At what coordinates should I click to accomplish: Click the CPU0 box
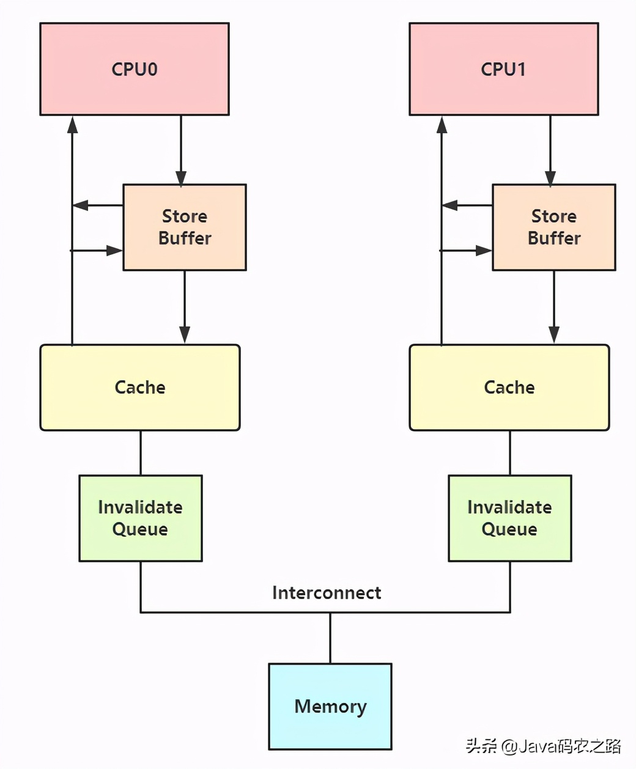coord(135,69)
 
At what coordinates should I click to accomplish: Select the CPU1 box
coord(504,69)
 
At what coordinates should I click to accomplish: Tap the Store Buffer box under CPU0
coord(185,227)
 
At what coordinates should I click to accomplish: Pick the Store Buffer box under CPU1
coord(554,227)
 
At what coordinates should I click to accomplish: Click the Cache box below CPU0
coord(140,388)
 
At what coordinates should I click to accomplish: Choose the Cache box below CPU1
coord(509,388)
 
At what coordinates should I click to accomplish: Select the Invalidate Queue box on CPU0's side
coord(141,518)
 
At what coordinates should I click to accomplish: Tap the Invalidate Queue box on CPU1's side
coord(510,518)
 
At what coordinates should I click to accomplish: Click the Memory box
coord(330,707)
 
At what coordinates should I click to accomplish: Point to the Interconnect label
coord(327,593)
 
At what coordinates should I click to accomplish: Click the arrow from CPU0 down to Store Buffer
coord(181,150)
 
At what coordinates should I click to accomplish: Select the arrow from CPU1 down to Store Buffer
coord(550,150)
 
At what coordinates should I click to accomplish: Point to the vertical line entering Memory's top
coord(331,638)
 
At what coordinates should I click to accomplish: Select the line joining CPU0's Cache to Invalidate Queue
coord(141,453)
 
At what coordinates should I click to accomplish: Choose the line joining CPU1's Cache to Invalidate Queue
coord(510,453)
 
